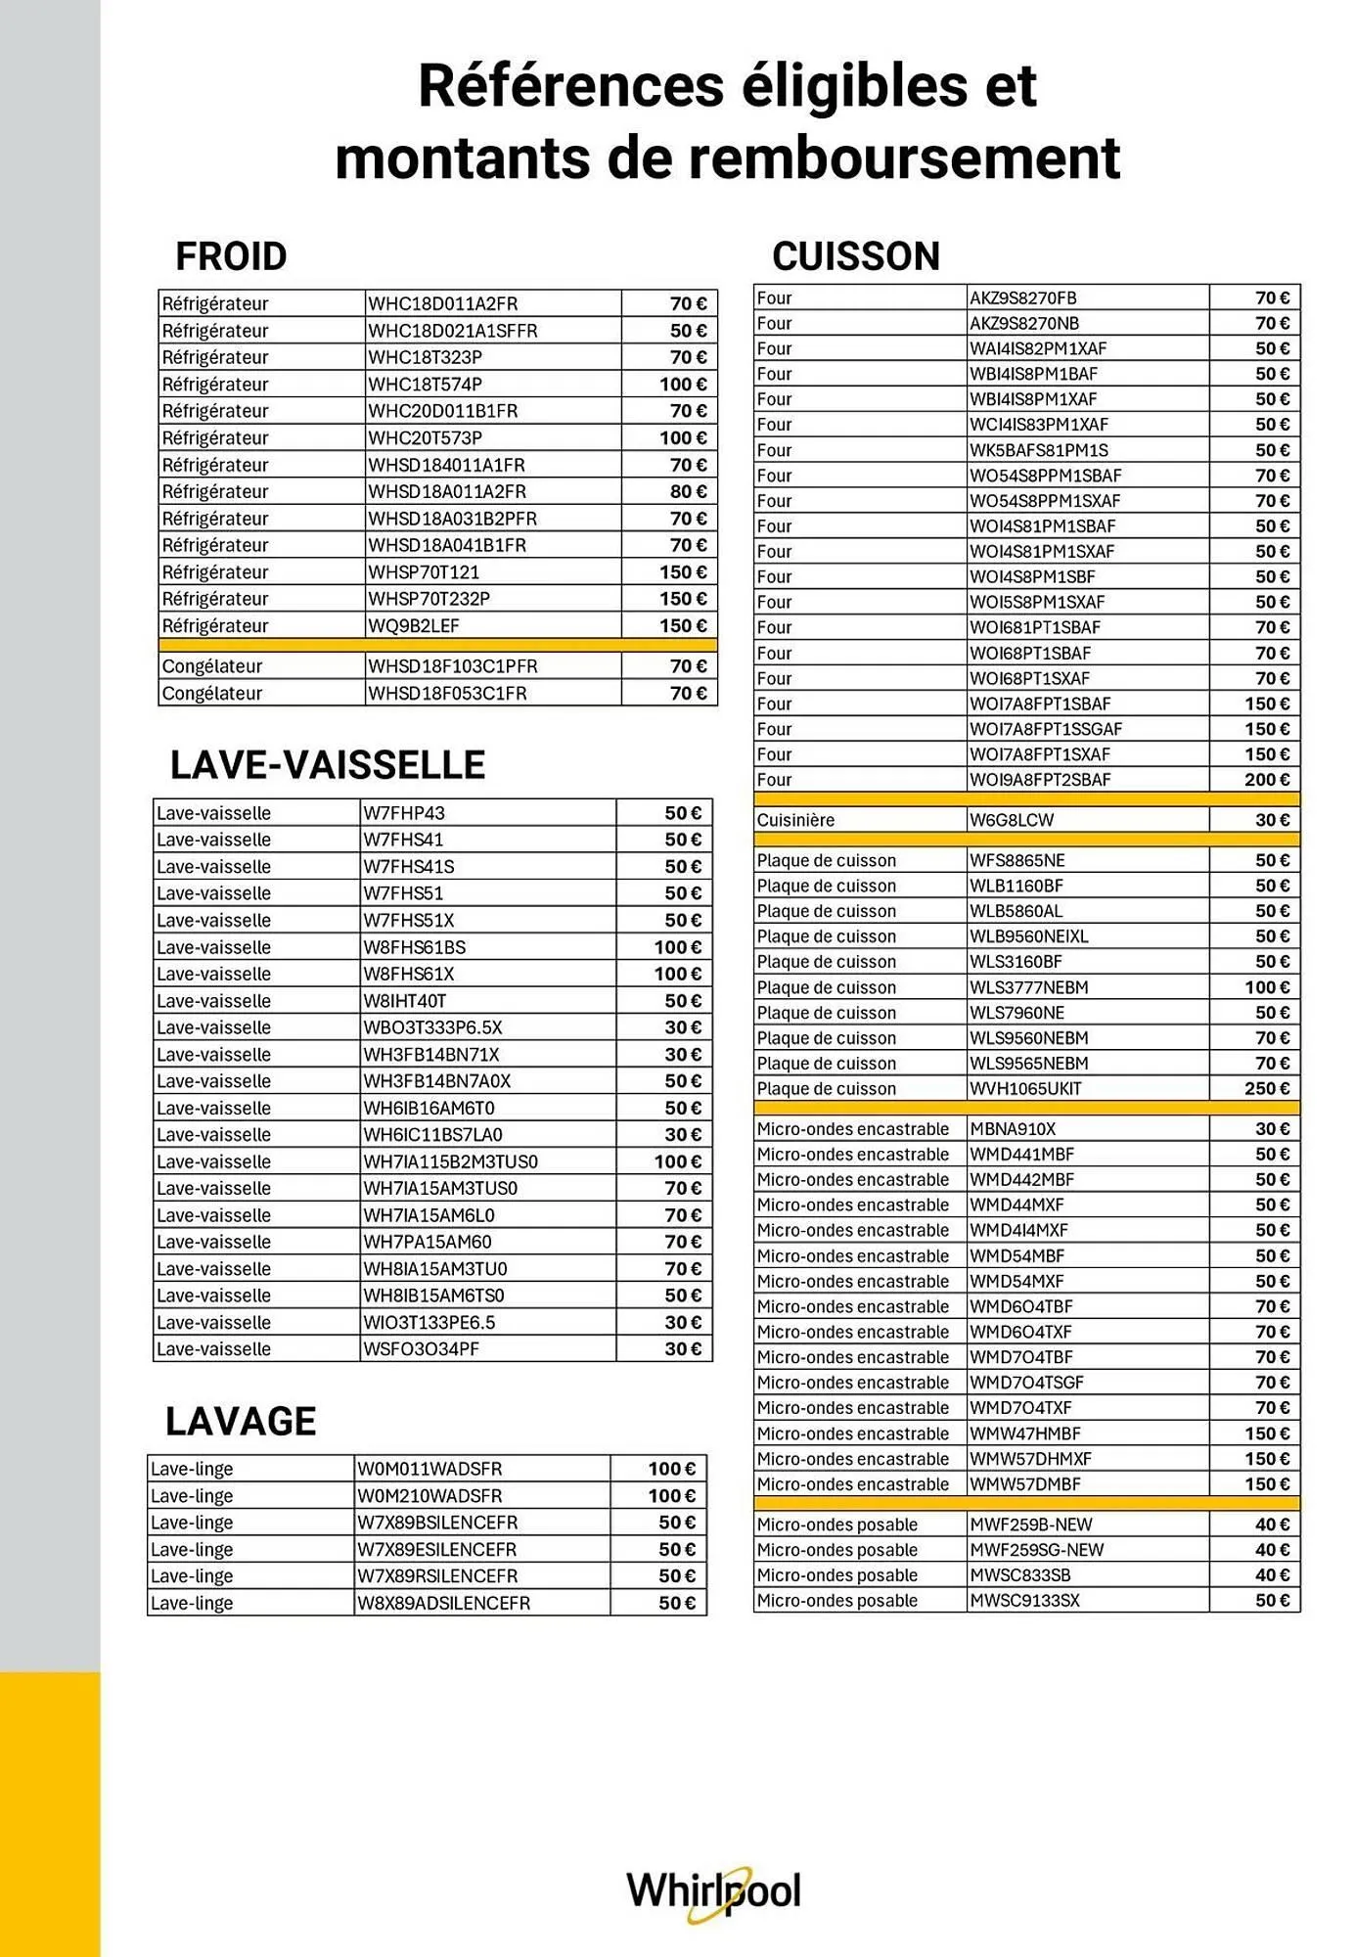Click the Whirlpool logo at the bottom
click(713, 1891)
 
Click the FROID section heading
click(231, 256)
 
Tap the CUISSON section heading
click(855, 256)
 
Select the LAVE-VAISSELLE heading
click(328, 765)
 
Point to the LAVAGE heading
click(241, 1421)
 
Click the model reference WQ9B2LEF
click(414, 626)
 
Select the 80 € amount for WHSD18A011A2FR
click(688, 492)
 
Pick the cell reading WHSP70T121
click(424, 572)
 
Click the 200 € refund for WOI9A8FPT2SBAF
click(1267, 780)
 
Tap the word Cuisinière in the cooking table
click(795, 820)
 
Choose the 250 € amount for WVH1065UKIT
click(1267, 1089)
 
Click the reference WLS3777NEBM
click(1028, 987)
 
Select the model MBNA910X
click(1013, 1129)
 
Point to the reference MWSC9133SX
click(1024, 1601)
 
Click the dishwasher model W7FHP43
click(403, 813)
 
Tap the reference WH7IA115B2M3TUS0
click(450, 1162)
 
